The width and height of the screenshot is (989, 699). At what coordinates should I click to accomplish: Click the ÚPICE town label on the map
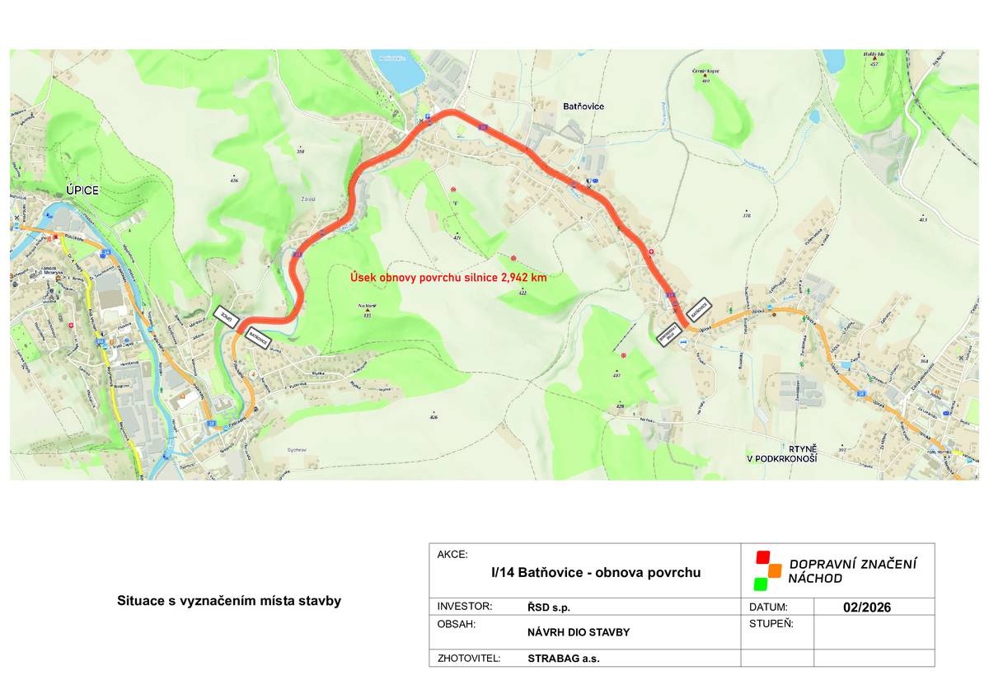tap(82, 190)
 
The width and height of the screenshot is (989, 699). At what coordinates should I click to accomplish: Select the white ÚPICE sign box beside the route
tap(225, 317)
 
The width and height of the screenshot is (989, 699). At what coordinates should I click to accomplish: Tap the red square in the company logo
tap(762, 556)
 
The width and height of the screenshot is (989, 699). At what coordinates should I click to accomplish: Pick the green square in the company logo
tap(760, 584)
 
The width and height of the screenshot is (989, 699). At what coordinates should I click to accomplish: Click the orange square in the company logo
tap(774, 570)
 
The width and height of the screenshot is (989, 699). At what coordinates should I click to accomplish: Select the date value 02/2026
tap(867, 608)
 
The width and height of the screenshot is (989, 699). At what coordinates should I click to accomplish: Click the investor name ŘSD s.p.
tap(549, 608)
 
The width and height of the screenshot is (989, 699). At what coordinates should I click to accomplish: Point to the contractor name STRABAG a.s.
tap(563, 659)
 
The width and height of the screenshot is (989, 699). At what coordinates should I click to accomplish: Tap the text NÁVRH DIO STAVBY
tap(579, 632)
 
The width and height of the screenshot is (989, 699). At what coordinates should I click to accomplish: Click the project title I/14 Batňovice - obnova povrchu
tap(596, 572)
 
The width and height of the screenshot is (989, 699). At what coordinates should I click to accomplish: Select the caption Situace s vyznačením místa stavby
tap(229, 601)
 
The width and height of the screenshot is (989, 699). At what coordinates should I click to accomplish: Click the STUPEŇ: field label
tap(771, 624)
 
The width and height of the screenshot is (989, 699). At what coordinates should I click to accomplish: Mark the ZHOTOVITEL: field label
tap(469, 658)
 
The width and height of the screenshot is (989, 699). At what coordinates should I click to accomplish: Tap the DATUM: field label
tap(769, 607)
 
